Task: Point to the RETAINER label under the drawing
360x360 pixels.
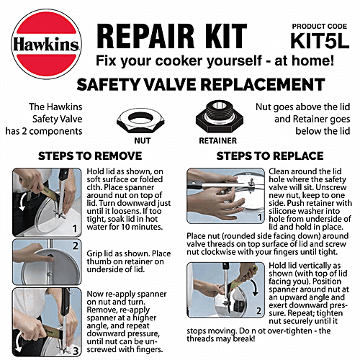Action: pos(217,140)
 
